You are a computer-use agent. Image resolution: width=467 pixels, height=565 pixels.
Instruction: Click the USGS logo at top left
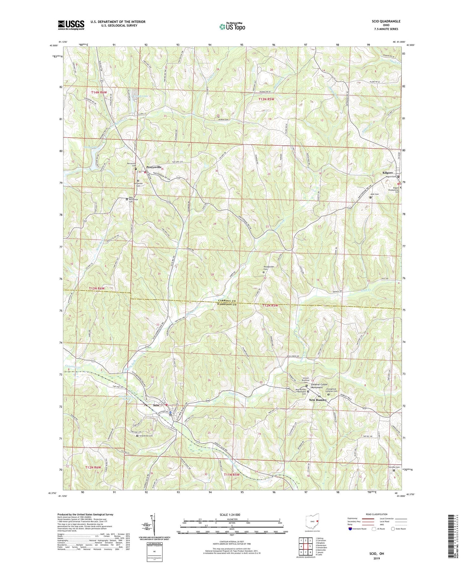[x=71, y=25]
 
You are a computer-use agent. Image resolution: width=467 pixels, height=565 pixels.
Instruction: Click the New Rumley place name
[x=318, y=400]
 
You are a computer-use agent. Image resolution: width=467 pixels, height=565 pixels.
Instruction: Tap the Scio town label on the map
[x=156, y=405]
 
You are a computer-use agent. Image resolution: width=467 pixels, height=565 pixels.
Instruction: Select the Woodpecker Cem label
[x=266, y=268]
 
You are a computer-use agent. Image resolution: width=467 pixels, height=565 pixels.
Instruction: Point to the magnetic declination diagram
[x=154, y=524]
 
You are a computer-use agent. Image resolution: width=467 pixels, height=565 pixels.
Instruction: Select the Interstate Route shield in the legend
[x=351, y=529]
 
